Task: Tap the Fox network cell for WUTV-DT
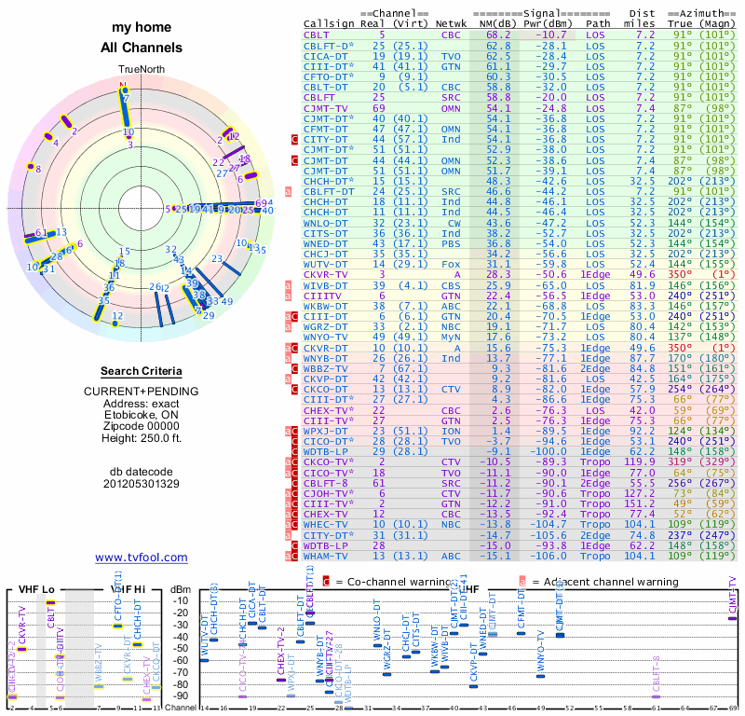(452, 265)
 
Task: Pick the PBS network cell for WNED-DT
(452, 243)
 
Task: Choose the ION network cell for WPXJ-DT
(452, 431)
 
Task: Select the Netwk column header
(453, 22)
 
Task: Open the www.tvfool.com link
(142, 558)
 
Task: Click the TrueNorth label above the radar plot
(141, 70)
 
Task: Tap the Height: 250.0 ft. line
(142, 444)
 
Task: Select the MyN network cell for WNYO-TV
(452, 337)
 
